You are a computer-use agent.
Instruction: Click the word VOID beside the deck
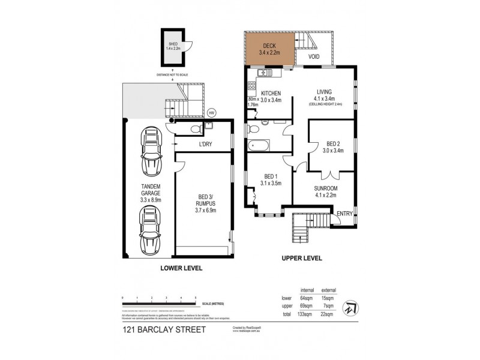pyautogui.click(x=313, y=57)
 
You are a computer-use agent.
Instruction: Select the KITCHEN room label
pyautogui.click(x=271, y=93)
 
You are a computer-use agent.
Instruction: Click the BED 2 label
pyautogui.click(x=333, y=143)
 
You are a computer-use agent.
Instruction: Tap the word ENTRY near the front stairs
pyautogui.click(x=345, y=214)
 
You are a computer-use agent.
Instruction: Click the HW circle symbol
pyautogui.click(x=211, y=112)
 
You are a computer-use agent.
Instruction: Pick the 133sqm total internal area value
pyautogui.click(x=305, y=314)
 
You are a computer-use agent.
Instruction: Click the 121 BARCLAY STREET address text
pyautogui.click(x=155, y=329)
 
